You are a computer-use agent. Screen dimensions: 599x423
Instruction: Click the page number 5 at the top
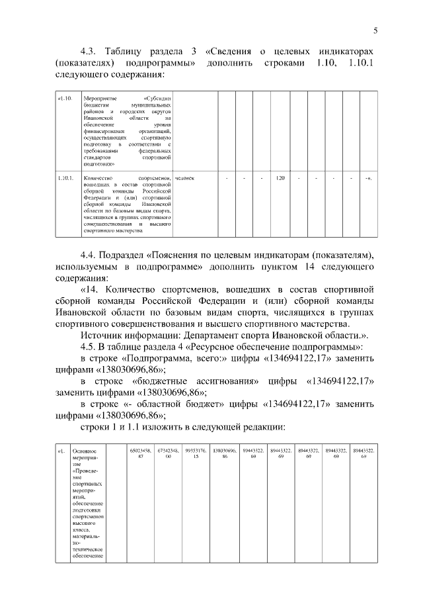[x=375, y=30]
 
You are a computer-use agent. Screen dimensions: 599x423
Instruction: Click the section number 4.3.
[x=89, y=51]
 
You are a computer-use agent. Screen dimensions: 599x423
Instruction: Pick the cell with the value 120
[x=280, y=179]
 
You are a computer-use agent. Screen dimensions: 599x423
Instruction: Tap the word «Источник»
[x=102, y=336]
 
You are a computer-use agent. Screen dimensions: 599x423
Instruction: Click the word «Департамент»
[x=211, y=336]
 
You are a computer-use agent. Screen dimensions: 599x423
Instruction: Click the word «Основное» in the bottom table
[x=84, y=451]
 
